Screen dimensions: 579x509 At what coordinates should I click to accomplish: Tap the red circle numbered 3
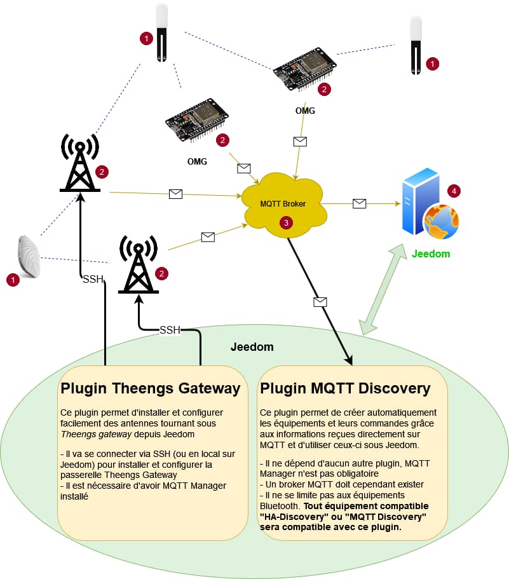(x=287, y=223)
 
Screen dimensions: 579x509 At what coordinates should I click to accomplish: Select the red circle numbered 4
(x=453, y=190)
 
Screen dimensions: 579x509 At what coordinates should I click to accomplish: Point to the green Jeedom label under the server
(x=430, y=254)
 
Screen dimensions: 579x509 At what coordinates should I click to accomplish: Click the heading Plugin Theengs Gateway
(x=150, y=388)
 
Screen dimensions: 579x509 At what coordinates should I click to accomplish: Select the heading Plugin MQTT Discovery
(x=346, y=388)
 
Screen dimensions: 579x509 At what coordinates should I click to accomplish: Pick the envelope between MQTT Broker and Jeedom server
(x=359, y=203)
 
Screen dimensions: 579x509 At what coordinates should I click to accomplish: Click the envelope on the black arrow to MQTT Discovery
(x=320, y=301)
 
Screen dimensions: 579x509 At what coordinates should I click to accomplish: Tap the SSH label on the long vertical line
(x=93, y=279)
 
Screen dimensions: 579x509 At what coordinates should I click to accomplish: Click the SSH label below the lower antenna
(x=170, y=330)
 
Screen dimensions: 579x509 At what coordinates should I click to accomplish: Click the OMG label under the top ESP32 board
(x=305, y=111)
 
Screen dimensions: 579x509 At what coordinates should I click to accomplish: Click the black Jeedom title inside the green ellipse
(x=252, y=347)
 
